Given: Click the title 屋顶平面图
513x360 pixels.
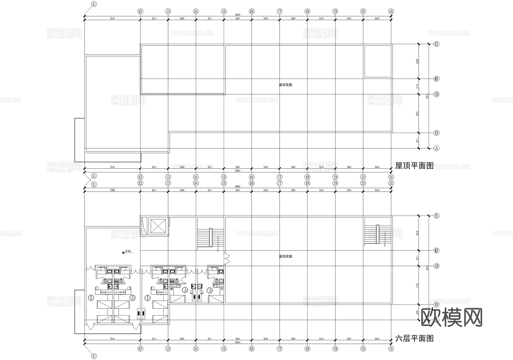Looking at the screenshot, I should point(414,166).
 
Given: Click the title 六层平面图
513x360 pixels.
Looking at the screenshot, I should point(414,338).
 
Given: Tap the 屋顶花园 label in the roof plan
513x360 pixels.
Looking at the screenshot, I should point(285,85).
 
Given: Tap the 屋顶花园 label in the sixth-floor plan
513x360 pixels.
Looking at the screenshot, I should point(285,256).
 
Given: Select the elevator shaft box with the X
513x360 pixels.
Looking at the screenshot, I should point(158,227).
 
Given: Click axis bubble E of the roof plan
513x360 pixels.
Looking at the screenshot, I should point(436,44).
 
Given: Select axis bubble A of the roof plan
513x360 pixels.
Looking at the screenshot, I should point(436,148).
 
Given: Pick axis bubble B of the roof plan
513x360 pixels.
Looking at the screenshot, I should point(436,133).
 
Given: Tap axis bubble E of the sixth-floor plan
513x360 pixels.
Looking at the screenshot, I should point(436,216).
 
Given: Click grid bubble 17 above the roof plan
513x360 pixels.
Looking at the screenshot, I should point(280,11).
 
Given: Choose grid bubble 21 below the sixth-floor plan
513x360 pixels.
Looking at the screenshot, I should point(391,349).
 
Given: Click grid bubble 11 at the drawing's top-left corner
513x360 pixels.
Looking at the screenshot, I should point(94,4).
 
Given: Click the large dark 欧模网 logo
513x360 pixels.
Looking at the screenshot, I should point(451,317).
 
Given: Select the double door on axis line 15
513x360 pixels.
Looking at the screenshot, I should point(227,258).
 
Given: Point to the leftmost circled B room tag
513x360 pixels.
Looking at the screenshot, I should point(91,298).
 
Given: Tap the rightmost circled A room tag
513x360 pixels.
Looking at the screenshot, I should point(210,290).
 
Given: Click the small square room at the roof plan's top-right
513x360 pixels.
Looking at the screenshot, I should point(378,61).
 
